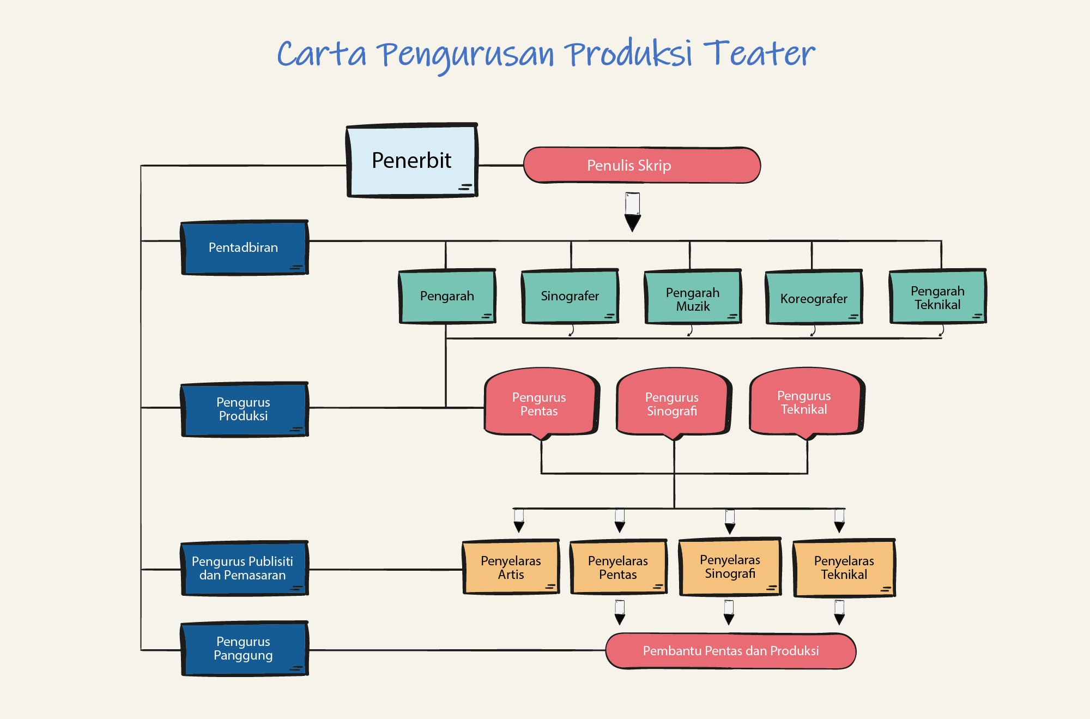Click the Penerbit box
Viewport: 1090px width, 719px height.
click(x=412, y=160)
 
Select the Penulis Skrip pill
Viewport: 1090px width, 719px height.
click(x=642, y=165)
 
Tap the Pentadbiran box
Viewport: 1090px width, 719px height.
click(x=245, y=247)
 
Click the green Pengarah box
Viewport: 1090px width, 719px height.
click(x=447, y=296)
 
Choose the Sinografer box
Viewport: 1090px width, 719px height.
click(x=570, y=296)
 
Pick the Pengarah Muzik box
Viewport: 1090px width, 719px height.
click(x=693, y=297)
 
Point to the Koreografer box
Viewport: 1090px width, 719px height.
click(x=814, y=298)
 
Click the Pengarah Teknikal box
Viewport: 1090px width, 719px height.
click(x=938, y=297)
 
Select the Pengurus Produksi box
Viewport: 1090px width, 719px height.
click(x=245, y=409)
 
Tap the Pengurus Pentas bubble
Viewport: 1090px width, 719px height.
click(x=542, y=402)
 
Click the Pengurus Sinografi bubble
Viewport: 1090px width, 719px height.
click(x=674, y=402)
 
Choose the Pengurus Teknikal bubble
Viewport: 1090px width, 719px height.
click(x=807, y=401)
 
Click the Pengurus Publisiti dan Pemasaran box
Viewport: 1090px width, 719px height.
click(x=245, y=569)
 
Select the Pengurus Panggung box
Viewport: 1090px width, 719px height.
click(x=245, y=649)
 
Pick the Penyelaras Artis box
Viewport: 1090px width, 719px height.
click(x=511, y=567)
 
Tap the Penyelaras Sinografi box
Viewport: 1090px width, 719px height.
click(x=730, y=567)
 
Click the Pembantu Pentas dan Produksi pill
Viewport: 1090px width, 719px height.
click(x=731, y=651)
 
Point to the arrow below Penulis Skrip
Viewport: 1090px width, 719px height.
click(x=633, y=212)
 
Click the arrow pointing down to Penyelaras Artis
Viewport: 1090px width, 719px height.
click(x=519, y=521)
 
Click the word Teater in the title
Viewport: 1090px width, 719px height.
click(x=759, y=53)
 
